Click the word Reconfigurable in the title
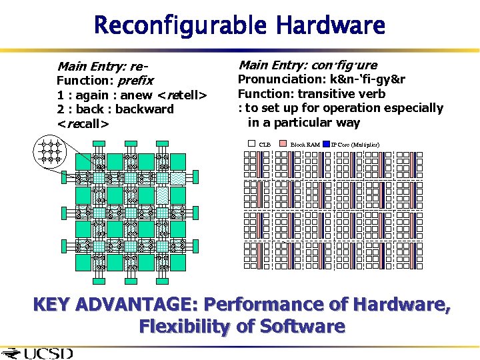pyautogui.click(x=177, y=26)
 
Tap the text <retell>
pyautogui.click(x=182, y=95)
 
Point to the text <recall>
pyautogui.click(x=83, y=123)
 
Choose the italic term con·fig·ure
pyautogui.click(x=344, y=65)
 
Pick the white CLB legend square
pyautogui.click(x=251, y=143)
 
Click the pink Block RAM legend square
pyautogui.click(x=283, y=143)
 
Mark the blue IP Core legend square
pyautogui.click(x=326, y=143)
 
